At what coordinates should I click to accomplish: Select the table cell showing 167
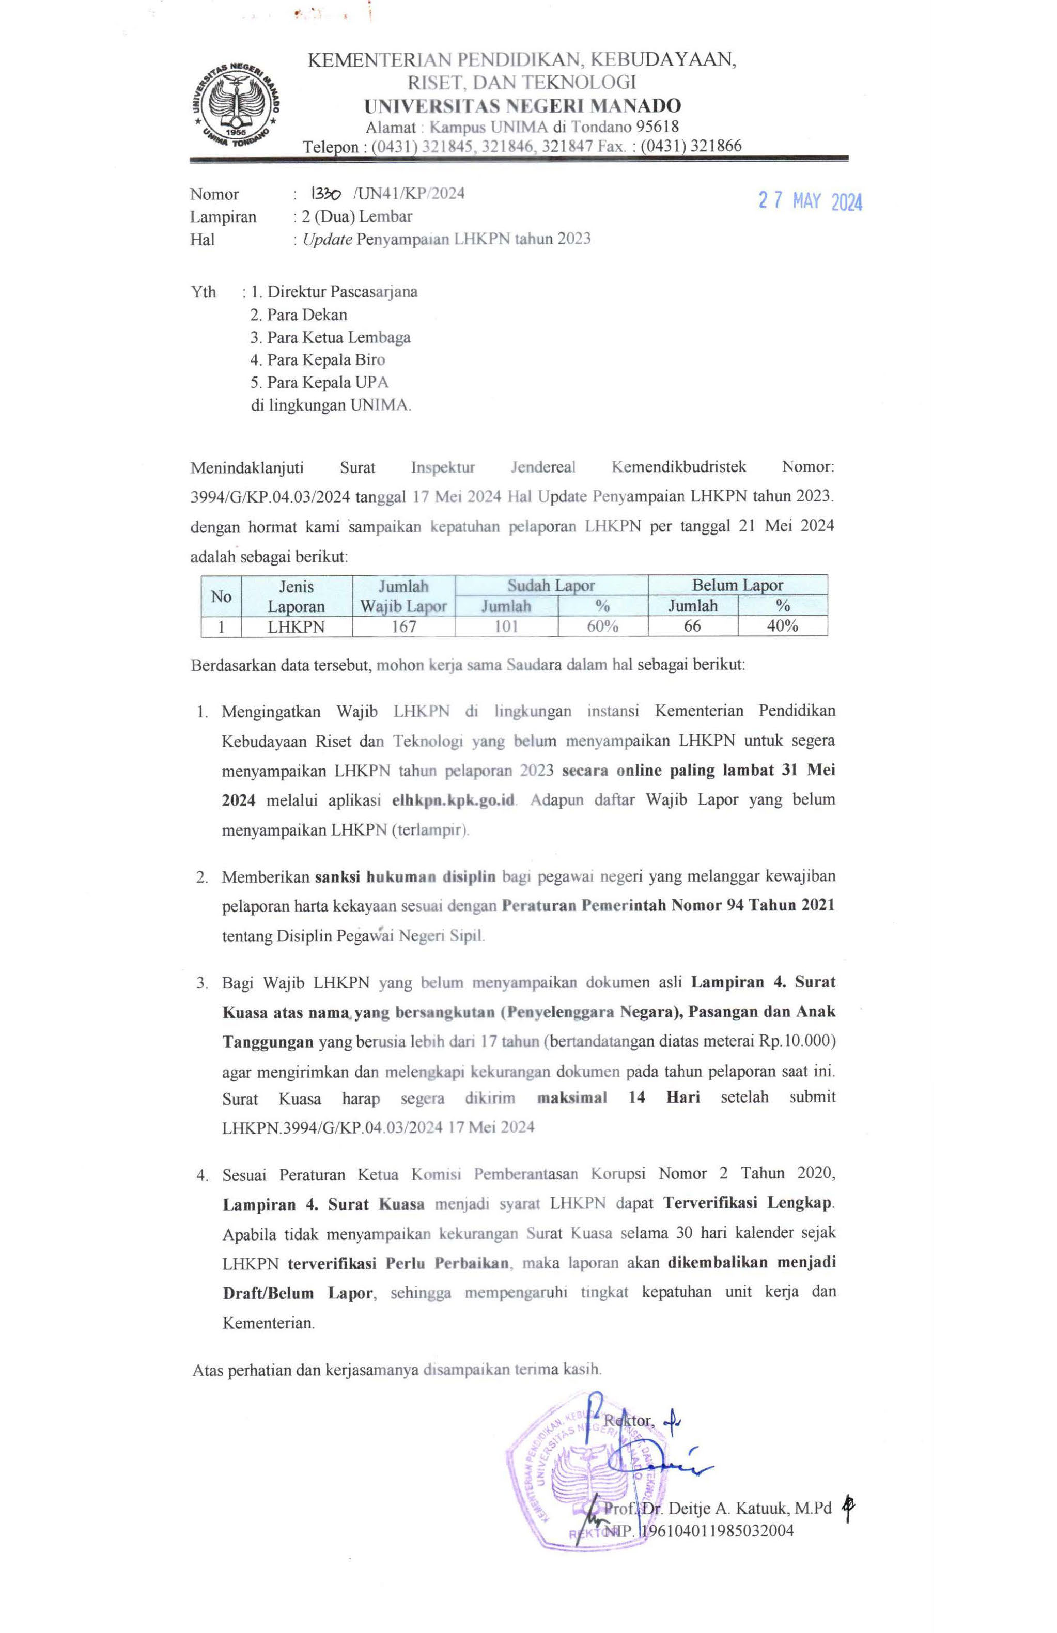pyautogui.click(x=403, y=626)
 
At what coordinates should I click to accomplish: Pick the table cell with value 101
pyautogui.click(x=506, y=626)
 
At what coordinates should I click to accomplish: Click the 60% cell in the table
pyautogui.click(x=602, y=626)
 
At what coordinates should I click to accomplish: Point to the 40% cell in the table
pyautogui.click(x=783, y=626)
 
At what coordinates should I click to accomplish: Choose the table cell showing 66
pyautogui.click(x=693, y=626)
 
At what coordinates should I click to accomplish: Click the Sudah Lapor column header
pyautogui.click(x=551, y=585)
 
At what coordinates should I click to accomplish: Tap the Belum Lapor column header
pyautogui.click(x=737, y=585)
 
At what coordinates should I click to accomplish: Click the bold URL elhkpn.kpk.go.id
pyautogui.click(x=454, y=800)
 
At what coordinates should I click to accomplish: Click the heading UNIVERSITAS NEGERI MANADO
pyautogui.click(x=522, y=106)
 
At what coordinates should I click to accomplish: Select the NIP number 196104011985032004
pyautogui.click(x=717, y=1531)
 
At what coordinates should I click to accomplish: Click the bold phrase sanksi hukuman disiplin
pyautogui.click(x=405, y=877)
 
